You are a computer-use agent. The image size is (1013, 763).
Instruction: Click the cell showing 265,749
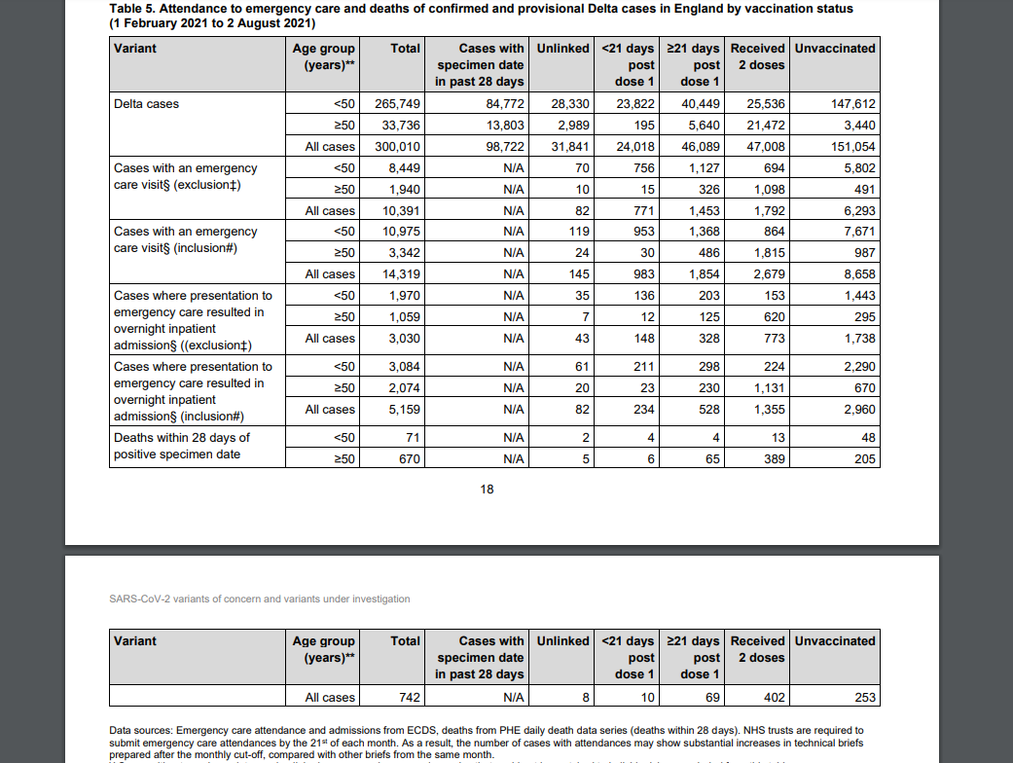point(397,104)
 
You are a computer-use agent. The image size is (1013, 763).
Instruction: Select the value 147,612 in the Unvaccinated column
point(852,104)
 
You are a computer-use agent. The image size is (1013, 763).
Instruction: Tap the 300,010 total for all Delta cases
point(397,147)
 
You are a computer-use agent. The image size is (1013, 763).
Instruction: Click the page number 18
point(488,490)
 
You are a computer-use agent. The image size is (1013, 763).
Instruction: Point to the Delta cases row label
point(147,104)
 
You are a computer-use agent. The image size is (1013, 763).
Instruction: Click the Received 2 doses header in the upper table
point(758,56)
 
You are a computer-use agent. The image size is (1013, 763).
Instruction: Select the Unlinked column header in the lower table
point(562,641)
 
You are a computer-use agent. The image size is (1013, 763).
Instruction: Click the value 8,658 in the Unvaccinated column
point(856,274)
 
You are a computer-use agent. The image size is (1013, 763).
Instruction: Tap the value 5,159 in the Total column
point(404,410)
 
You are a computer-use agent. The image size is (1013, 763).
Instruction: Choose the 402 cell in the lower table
point(773,698)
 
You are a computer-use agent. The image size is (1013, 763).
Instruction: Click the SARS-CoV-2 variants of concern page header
point(260,599)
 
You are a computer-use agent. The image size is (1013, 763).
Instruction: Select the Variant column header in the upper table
point(135,49)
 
